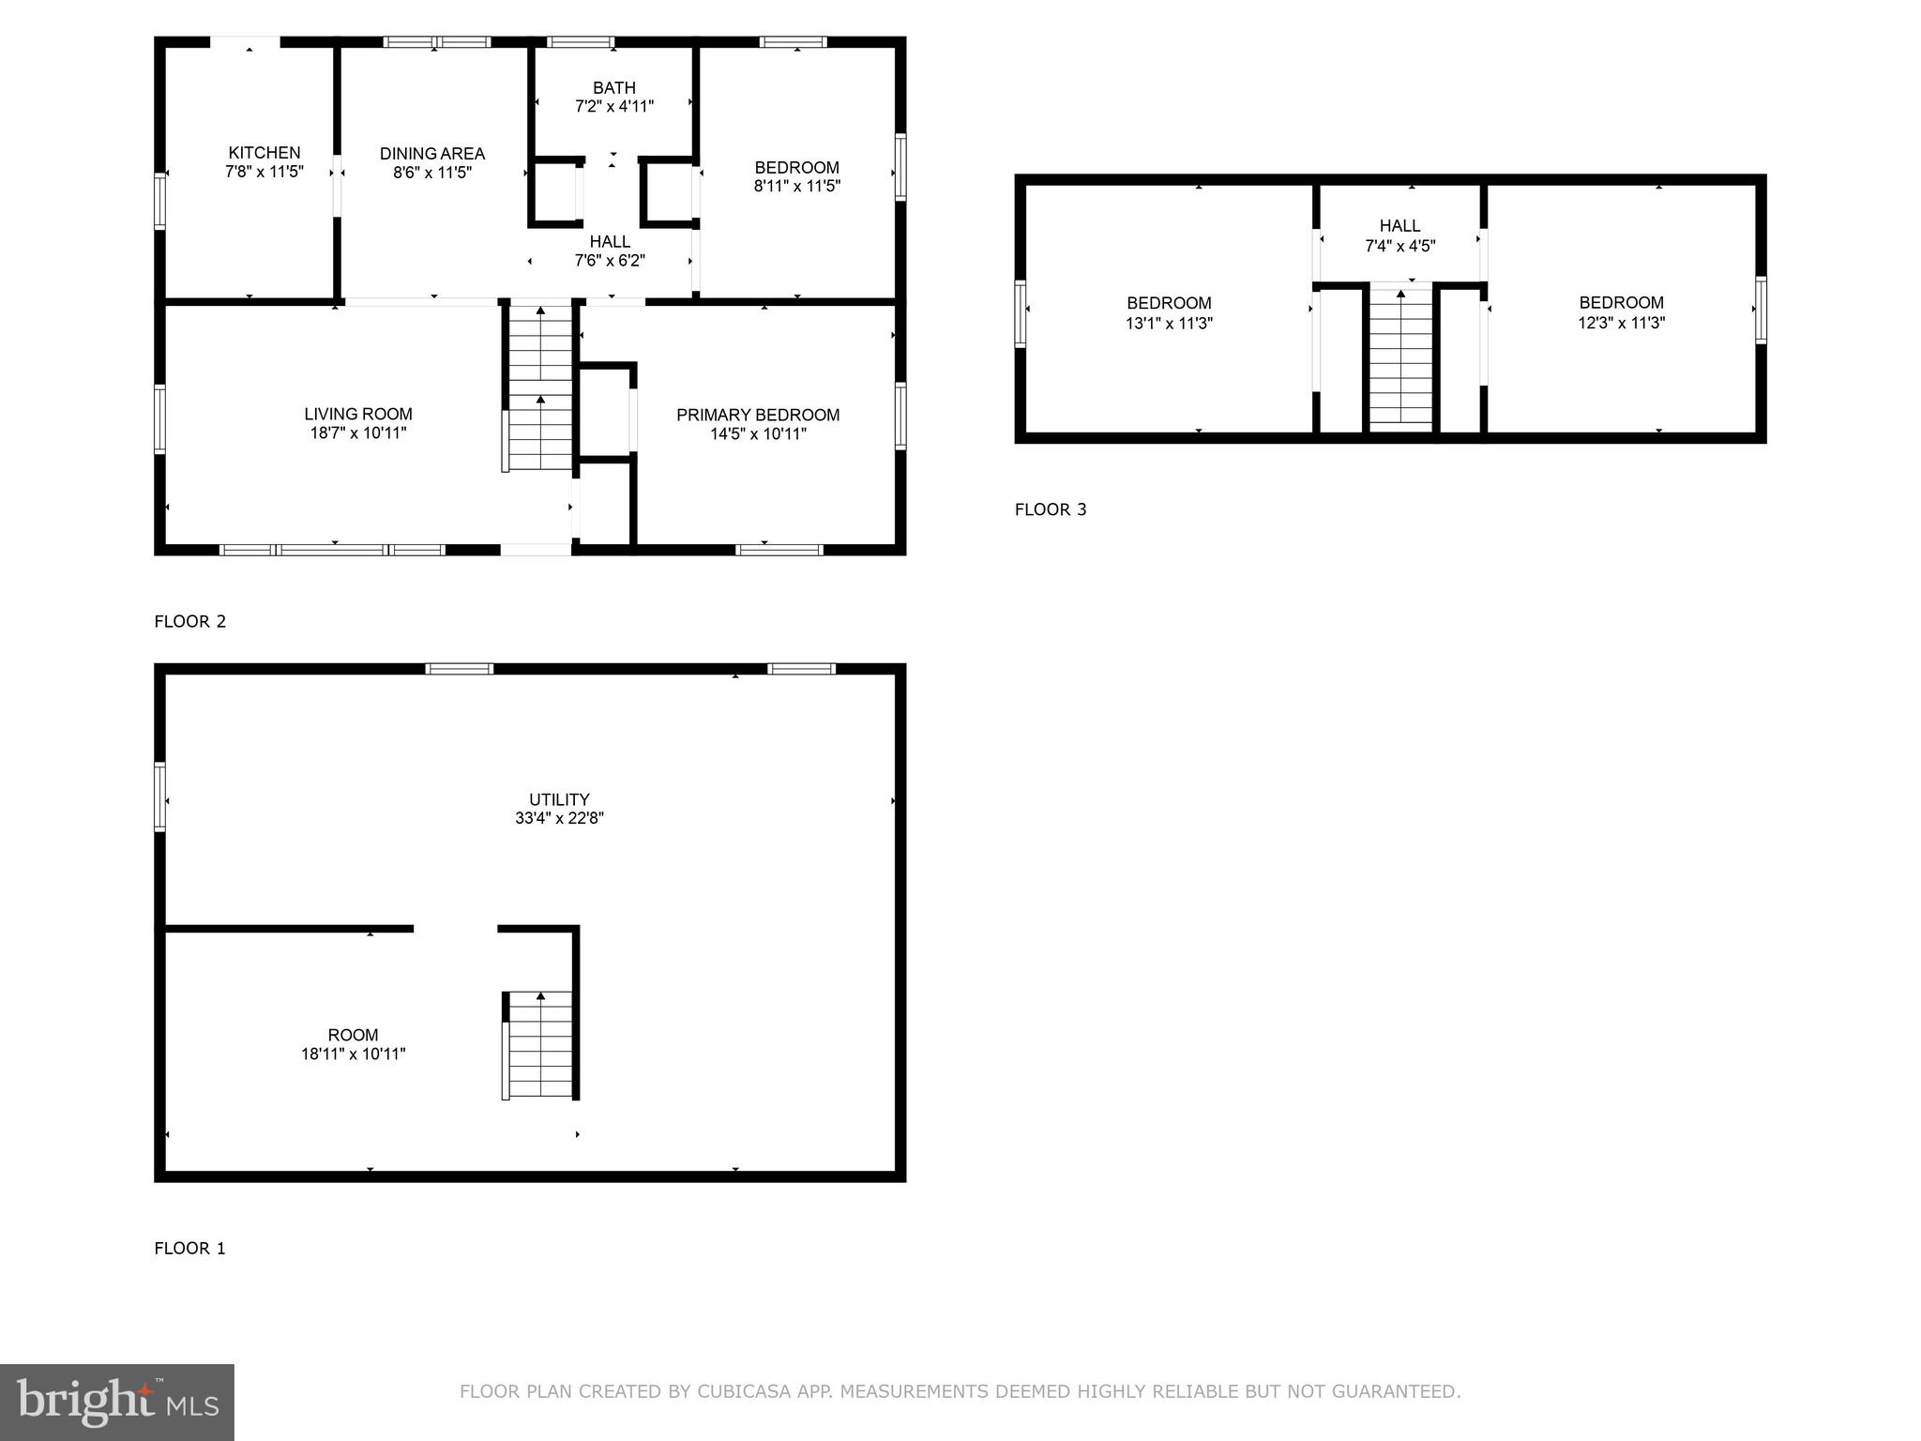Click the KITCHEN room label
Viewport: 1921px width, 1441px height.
[265, 153]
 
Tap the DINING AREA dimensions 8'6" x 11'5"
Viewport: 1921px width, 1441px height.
[432, 173]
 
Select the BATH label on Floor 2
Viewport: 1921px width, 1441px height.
[613, 88]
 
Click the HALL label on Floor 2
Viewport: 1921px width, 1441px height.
[610, 242]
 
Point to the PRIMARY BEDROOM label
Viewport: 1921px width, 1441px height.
[758, 415]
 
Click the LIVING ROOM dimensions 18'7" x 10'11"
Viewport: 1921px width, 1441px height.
[357, 433]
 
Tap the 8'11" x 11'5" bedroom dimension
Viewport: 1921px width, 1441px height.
[796, 186]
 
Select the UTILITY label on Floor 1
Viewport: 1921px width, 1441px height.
[559, 800]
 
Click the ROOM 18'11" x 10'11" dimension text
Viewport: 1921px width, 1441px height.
[353, 1054]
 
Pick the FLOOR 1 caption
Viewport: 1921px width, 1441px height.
[189, 1248]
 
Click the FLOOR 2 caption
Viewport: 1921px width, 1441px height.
[189, 621]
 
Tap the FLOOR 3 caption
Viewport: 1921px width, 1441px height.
[1051, 509]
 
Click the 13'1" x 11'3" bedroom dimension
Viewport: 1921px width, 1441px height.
[1169, 323]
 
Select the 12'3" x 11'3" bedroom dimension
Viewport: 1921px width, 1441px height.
[1621, 323]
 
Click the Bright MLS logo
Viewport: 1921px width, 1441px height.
[117, 1402]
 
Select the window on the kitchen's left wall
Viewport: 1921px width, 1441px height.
[160, 201]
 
